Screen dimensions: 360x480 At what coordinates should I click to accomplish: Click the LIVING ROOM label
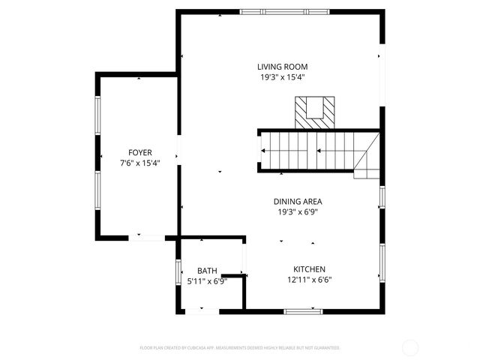pyautogui.click(x=283, y=67)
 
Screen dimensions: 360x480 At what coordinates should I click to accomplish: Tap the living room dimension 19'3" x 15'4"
pyautogui.click(x=283, y=77)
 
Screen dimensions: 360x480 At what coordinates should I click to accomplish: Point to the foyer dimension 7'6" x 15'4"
pyautogui.click(x=140, y=163)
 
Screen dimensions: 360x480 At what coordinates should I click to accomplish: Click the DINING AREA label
pyautogui.click(x=298, y=202)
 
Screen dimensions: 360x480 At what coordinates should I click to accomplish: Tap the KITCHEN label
pyautogui.click(x=309, y=269)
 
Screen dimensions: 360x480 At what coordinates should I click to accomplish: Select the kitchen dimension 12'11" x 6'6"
pyautogui.click(x=309, y=280)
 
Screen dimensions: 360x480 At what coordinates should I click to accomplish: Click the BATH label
pyautogui.click(x=207, y=271)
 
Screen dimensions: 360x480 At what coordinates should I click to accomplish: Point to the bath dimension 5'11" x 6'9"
pyautogui.click(x=207, y=281)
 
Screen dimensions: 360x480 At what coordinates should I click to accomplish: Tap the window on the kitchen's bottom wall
pyautogui.click(x=303, y=310)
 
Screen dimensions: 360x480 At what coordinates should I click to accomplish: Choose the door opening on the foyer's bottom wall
pyautogui.click(x=147, y=238)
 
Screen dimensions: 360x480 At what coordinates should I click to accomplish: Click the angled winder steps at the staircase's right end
pyautogui.click(x=367, y=160)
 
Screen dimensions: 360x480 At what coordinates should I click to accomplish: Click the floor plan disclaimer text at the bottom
pyautogui.click(x=240, y=348)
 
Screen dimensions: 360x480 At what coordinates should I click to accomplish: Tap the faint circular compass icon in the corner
pyautogui.click(x=410, y=347)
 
